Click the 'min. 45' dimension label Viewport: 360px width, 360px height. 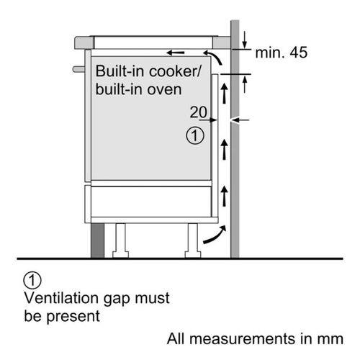point(281,53)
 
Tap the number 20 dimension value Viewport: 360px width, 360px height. point(198,112)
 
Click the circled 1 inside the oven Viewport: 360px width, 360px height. point(195,135)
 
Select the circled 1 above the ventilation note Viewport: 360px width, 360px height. point(32,280)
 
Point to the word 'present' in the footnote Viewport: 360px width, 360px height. point(73,317)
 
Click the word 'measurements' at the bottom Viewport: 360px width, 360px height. point(243,339)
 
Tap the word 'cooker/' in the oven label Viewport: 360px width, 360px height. point(175,71)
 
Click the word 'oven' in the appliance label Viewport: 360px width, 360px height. point(164,89)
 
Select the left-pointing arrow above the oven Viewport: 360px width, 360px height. point(176,53)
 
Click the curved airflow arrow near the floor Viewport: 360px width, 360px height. point(215,235)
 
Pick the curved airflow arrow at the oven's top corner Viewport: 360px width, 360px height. point(214,57)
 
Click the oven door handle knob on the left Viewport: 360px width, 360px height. point(78,69)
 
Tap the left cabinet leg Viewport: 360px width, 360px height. point(120,240)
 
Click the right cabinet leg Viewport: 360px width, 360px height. point(193,240)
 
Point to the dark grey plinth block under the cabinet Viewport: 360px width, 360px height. point(98,240)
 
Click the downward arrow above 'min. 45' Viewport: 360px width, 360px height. point(244,40)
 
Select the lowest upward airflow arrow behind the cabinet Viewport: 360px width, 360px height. point(225,196)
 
